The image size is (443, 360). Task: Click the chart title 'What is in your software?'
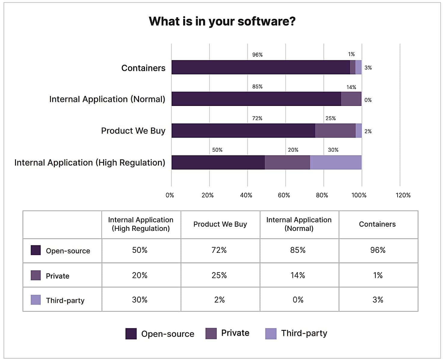(222, 21)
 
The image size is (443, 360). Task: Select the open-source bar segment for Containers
(261, 67)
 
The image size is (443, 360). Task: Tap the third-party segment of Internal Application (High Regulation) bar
(336, 163)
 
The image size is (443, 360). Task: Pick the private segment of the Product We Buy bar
(335, 131)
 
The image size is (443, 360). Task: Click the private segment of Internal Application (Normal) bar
(351, 99)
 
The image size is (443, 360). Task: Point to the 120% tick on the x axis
(403, 195)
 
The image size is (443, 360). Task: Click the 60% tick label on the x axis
(284, 195)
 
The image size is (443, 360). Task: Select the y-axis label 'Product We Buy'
(133, 131)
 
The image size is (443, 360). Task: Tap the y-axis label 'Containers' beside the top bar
(143, 68)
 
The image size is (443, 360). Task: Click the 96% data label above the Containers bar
(257, 55)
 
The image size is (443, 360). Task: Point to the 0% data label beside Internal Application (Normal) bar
(368, 100)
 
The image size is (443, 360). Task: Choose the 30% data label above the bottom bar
(333, 150)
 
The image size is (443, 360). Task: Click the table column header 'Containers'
(377, 224)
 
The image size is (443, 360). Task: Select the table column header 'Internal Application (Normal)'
(299, 224)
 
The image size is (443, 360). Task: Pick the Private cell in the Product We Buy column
(219, 275)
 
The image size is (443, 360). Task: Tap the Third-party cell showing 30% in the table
(140, 299)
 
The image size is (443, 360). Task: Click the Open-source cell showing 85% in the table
(298, 250)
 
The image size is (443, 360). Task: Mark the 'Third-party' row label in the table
(65, 300)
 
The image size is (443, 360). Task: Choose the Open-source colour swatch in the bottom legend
(131, 334)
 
